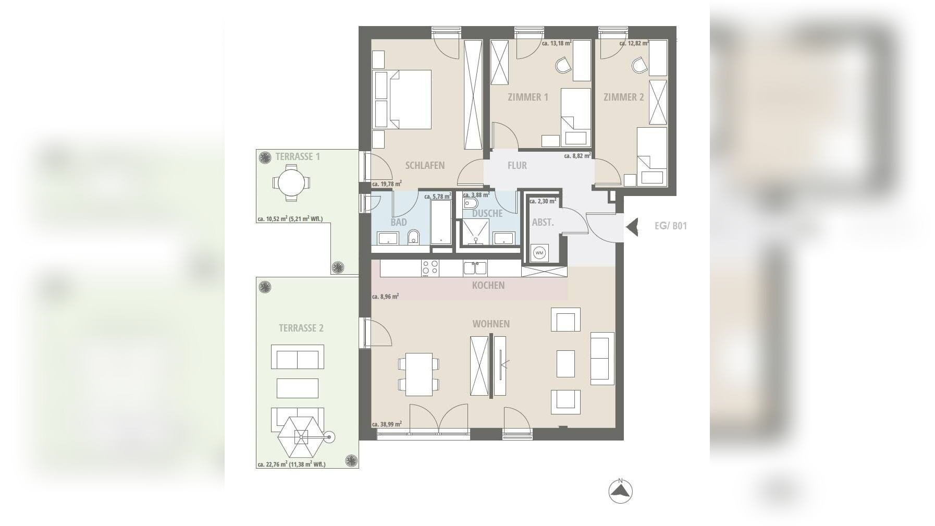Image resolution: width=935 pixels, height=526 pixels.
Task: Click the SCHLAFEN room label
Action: tap(425, 165)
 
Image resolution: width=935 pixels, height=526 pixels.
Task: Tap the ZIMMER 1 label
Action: tap(528, 97)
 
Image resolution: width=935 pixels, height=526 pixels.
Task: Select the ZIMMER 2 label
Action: tap(624, 97)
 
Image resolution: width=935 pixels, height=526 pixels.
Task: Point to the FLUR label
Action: tap(517, 165)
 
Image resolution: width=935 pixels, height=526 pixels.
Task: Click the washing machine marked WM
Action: tap(539, 253)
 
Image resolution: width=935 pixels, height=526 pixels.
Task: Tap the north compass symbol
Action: tap(621, 491)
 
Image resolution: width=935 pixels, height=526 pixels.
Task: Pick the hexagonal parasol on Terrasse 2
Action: tap(301, 437)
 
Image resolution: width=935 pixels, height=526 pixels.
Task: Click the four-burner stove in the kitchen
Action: tap(430, 268)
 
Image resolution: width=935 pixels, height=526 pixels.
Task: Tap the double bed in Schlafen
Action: tap(402, 100)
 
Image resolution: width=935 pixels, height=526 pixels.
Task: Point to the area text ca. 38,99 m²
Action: tap(387, 424)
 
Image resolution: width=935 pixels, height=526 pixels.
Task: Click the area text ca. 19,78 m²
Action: tap(387, 184)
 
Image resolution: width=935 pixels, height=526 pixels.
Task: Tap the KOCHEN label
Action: tap(488, 285)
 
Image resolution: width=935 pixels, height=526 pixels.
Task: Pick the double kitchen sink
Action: tap(475, 268)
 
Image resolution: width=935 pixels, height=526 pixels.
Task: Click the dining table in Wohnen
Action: tap(419, 374)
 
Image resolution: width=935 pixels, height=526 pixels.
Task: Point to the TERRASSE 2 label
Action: tap(301, 328)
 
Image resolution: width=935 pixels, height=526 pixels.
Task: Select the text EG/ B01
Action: tap(671, 226)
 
